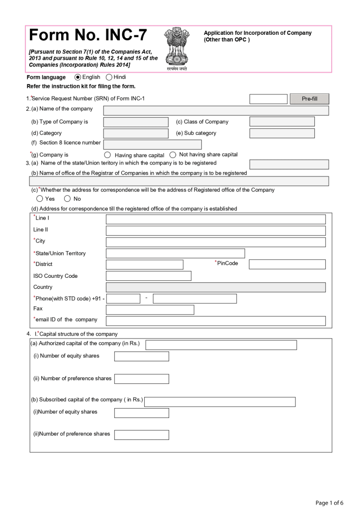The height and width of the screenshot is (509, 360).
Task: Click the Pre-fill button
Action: (x=309, y=99)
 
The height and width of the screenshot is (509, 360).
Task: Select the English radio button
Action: (x=78, y=77)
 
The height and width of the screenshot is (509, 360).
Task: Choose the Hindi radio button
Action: (x=109, y=77)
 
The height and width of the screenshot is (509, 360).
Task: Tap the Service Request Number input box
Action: (x=268, y=99)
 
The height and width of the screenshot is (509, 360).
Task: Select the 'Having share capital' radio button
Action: (x=107, y=155)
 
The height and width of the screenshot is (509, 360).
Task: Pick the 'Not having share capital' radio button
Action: (x=173, y=155)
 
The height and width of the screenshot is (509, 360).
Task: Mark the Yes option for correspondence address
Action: (x=39, y=199)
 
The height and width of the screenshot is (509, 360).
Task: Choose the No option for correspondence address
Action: (x=68, y=199)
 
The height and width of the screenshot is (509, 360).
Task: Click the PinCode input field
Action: (x=287, y=264)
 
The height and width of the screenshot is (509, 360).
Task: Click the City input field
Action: (x=215, y=242)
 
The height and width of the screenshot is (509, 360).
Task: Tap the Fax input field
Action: (x=150, y=310)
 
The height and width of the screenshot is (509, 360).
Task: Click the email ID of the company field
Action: (x=215, y=321)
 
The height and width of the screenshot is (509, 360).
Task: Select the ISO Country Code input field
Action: (x=148, y=276)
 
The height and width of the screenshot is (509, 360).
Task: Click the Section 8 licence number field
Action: (x=152, y=145)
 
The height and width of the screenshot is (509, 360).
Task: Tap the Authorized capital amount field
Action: (x=221, y=345)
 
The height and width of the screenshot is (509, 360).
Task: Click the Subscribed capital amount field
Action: (x=220, y=402)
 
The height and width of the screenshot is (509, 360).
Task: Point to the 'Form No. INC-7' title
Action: (x=88, y=35)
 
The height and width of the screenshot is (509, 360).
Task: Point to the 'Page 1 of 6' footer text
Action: (x=329, y=502)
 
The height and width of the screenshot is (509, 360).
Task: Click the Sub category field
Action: (x=282, y=133)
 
